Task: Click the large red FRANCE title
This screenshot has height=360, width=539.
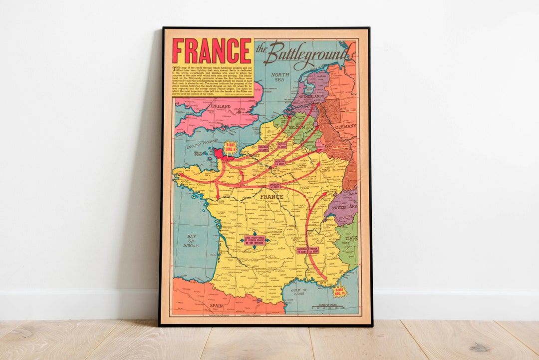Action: [212, 51]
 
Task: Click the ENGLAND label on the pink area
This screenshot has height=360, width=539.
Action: [220, 107]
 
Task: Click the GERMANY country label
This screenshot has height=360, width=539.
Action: [346, 126]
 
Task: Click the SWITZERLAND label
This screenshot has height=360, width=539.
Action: [343, 206]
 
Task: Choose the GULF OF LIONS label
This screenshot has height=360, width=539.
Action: [299, 292]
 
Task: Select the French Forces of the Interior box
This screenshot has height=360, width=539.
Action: [254, 240]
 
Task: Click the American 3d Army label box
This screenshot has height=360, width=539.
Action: [275, 186]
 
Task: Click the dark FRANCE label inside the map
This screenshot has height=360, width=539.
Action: [271, 196]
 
